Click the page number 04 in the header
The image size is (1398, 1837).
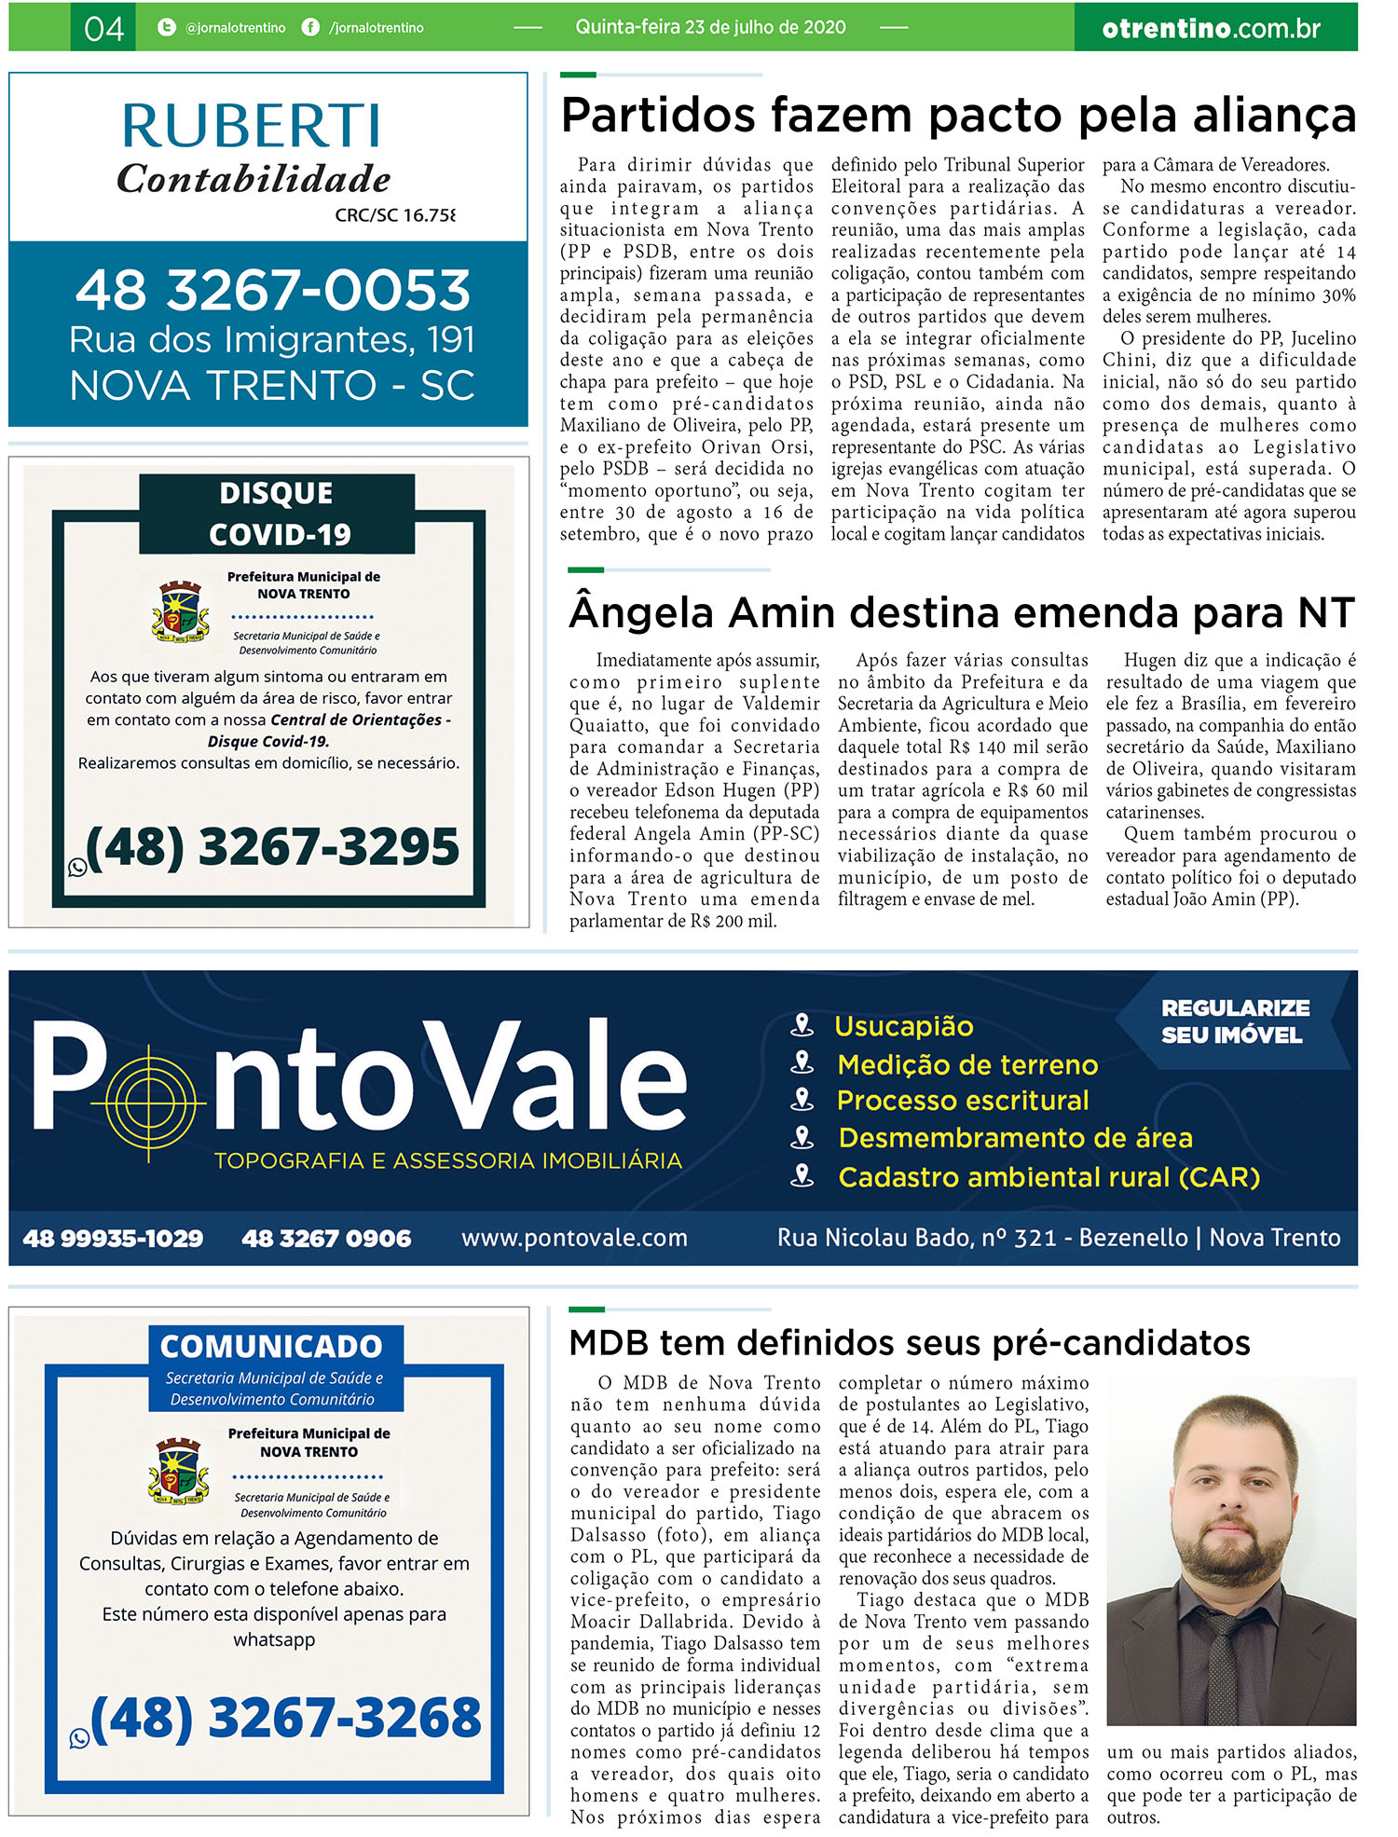tap(103, 28)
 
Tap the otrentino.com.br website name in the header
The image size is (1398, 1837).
tap(1211, 28)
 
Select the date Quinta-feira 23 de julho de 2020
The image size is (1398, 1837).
tap(710, 27)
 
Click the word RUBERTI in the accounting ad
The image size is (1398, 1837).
tap(252, 126)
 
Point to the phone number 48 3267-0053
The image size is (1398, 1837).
tap(273, 291)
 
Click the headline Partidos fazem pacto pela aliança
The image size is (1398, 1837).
tap(958, 116)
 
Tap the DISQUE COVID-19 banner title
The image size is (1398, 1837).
tap(277, 514)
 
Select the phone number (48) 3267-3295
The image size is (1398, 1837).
tap(272, 846)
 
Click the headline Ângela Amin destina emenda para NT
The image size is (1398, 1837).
tap(961, 613)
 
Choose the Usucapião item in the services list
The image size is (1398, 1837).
tap(903, 1026)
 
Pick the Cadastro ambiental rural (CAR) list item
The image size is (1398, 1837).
tap(1048, 1177)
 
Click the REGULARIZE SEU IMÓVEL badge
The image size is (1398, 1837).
tap(1234, 1021)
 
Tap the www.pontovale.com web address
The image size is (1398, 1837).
tap(574, 1238)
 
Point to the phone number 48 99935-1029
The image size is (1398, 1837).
tap(113, 1238)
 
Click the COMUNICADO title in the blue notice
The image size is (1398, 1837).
tap(271, 1346)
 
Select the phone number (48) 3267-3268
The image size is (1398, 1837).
tap(285, 1718)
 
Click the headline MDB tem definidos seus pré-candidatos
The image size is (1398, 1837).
tap(909, 1343)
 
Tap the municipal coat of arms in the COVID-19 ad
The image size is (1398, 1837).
tap(180, 611)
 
